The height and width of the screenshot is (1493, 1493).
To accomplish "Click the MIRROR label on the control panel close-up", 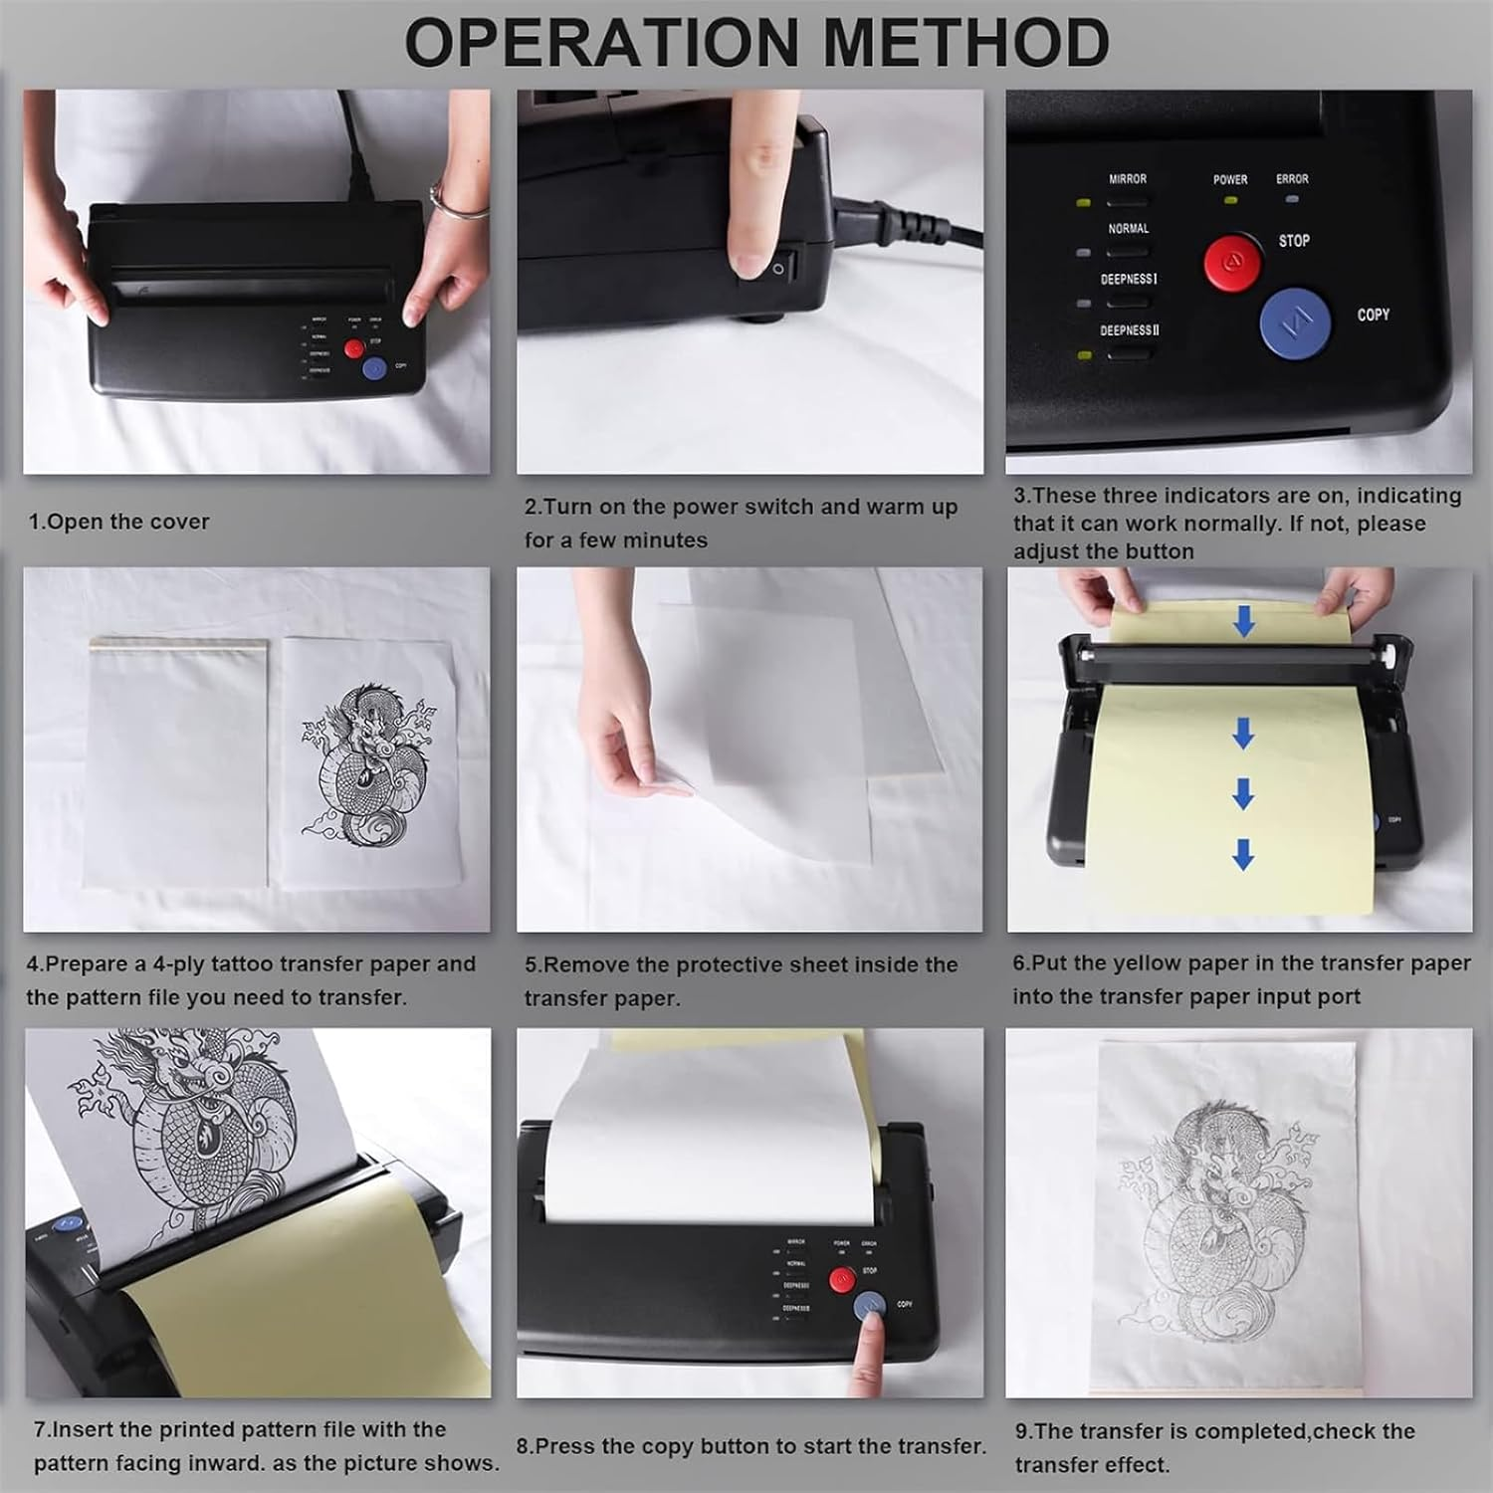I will (x=1128, y=179).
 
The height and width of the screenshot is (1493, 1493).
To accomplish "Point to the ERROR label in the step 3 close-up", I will (x=1292, y=179).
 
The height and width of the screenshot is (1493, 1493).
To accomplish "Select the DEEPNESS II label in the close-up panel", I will (x=1129, y=330).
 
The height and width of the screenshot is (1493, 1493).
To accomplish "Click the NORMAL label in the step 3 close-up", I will (x=1129, y=229).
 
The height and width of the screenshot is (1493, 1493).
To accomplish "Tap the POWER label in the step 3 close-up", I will (x=1230, y=180).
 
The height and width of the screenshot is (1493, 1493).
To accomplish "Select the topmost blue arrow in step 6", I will (x=1243, y=622).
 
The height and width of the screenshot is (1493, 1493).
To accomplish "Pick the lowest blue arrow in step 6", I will (x=1243, y=854).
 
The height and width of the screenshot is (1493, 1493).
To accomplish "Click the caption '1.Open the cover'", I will (x=118, y=522).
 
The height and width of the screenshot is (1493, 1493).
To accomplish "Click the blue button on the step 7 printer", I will (x=66, y=1224).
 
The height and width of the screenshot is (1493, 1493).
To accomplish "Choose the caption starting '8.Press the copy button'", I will (x=750, y=1446).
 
